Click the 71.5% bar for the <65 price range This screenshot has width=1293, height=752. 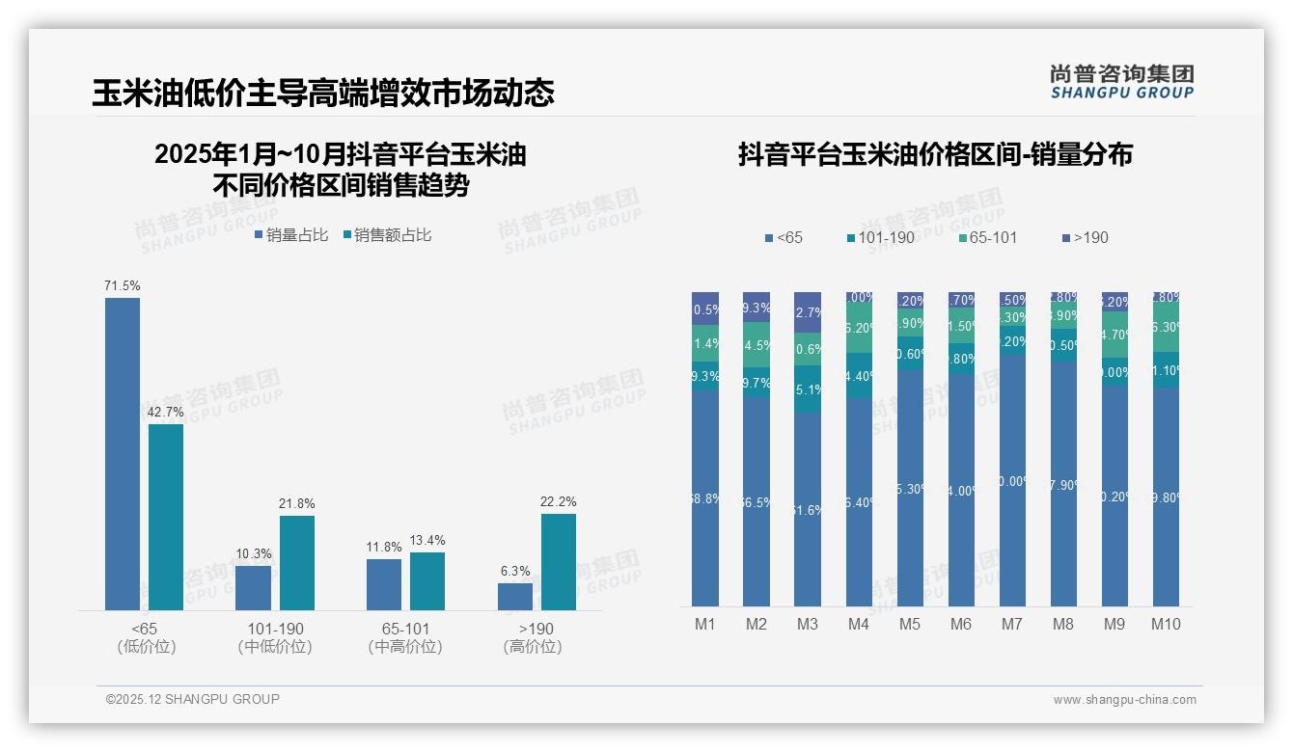click(123, 453)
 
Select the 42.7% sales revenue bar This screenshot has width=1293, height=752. click(166, 517)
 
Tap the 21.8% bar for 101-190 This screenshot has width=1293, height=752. click(297, 562)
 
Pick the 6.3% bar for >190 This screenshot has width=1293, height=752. click(515, 596)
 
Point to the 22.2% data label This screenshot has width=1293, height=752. click(559, 501)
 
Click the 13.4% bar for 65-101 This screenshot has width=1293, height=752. click(427, 580)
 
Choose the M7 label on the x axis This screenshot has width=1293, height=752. click(1011, 624)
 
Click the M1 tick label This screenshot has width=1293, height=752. click(705, 624)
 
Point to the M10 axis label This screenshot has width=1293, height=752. click(1166, 624)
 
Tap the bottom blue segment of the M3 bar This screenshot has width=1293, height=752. click(808, 509)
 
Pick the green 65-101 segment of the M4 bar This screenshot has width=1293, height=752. click(859, 329)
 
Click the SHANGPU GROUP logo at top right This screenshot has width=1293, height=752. click(1121, 82)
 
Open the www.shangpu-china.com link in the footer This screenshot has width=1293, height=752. click(1124, 700)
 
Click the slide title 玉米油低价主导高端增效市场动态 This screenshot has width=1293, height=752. click(323, 93)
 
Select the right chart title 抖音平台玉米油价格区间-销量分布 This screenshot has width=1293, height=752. click(935, 154)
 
